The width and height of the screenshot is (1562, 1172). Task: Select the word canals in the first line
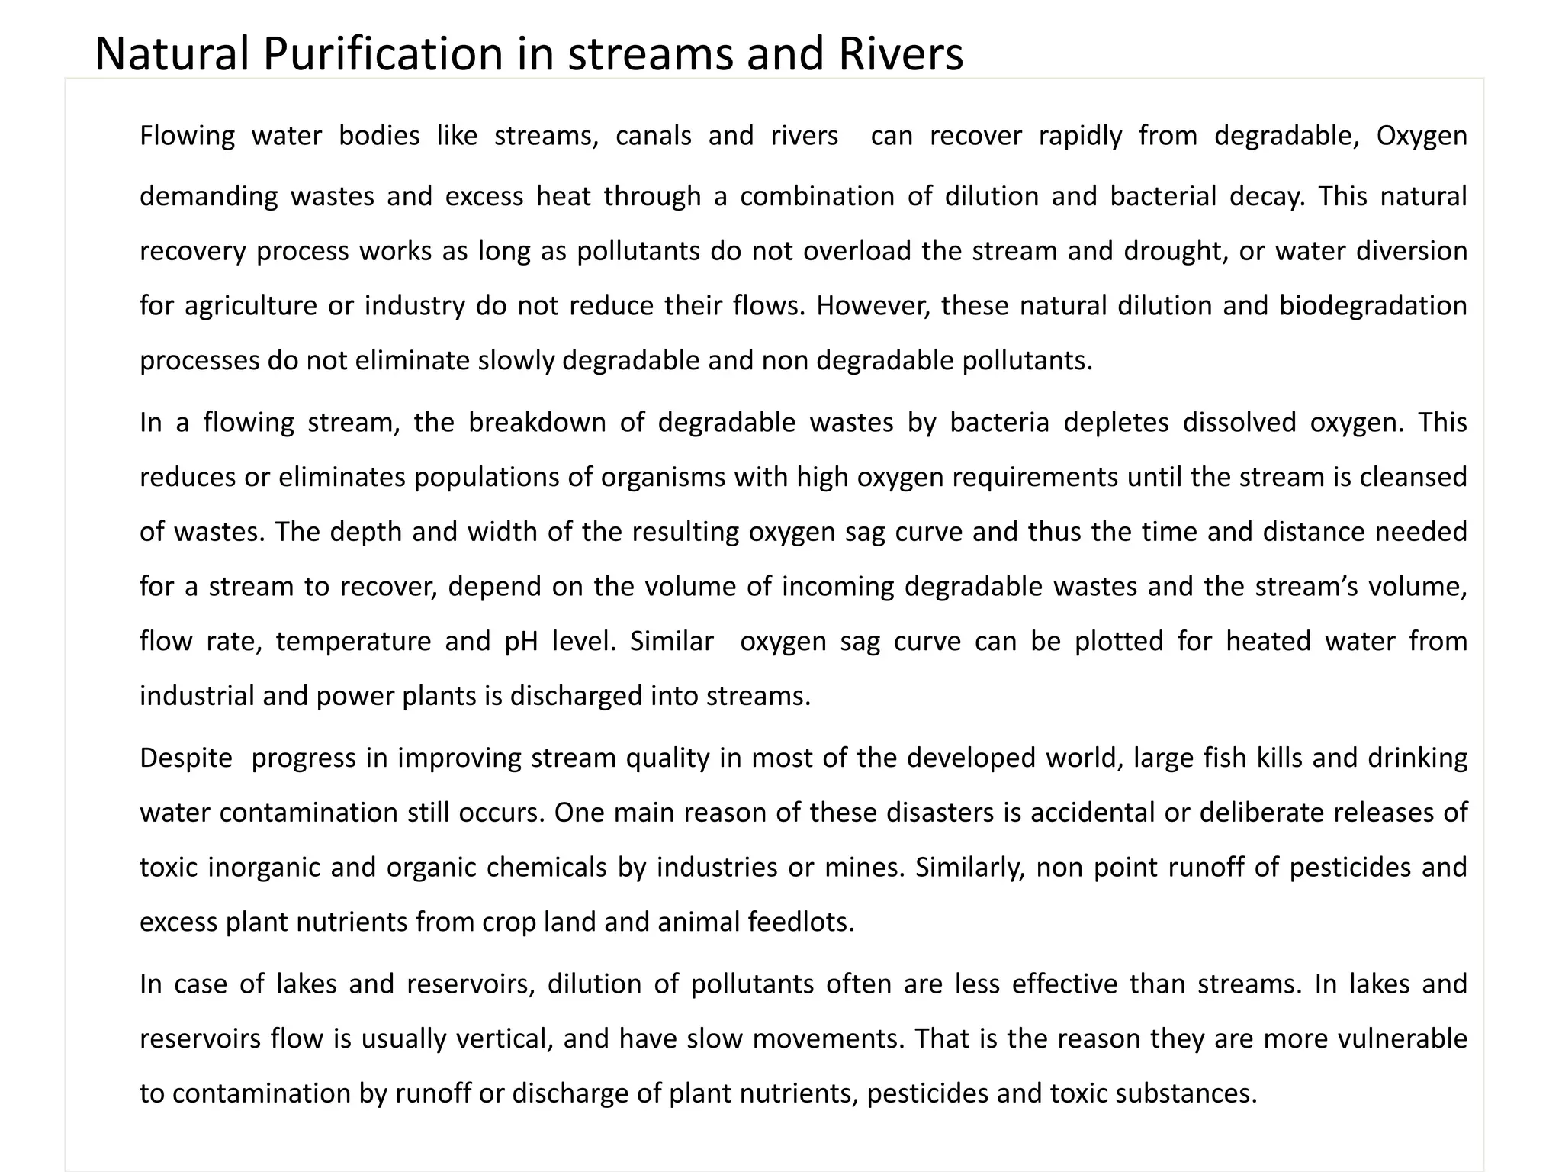tap(654, 136)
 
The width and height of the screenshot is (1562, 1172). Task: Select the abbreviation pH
tap(522, 641)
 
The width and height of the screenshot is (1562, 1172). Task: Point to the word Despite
tap(186, 758)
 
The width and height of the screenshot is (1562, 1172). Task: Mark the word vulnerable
tap(1403, 1039)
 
